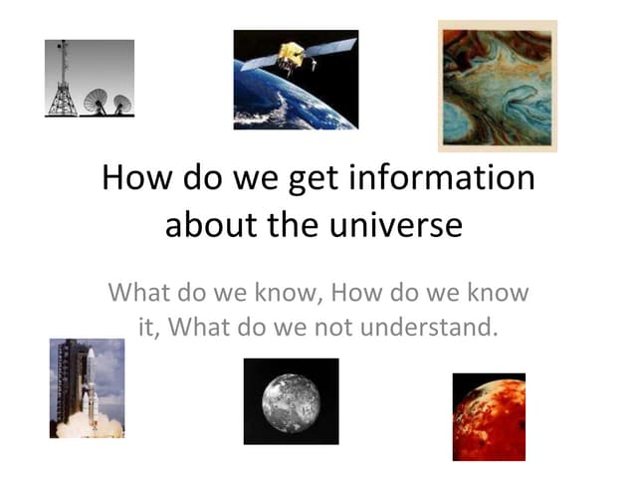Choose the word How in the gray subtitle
[357, 293]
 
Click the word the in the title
[293, 224]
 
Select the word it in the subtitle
[145, 325]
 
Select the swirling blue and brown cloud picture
[498, 86]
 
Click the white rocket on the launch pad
[89, 388]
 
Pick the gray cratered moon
[291, 401]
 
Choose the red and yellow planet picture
[489, 416]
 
